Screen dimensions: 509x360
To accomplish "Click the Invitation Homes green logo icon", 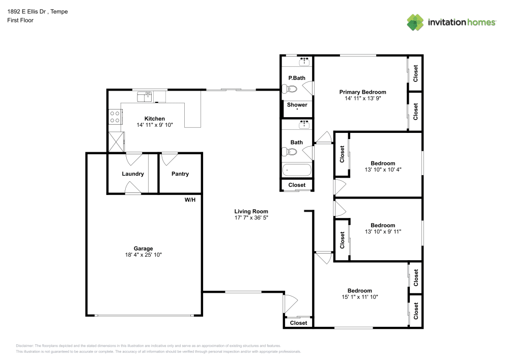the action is pos(415,22).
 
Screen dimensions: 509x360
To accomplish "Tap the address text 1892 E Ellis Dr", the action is pos(26,12).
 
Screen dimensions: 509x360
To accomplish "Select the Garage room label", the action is pos(143,248).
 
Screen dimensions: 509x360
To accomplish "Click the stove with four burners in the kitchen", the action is pos(115,117).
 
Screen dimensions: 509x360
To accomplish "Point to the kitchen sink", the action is pos(145,97).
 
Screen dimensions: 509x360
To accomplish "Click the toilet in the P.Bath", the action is pos(290,89).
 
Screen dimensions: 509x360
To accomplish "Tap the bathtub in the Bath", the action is pos(297,170).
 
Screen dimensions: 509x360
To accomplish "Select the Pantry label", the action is pos(180,174).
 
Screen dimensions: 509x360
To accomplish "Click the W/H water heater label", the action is pos(190,200).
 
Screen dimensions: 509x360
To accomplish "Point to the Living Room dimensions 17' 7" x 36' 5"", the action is pos(251,218).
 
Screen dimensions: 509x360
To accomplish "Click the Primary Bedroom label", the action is pos(362,92).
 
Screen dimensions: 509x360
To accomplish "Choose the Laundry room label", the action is pos(133,174).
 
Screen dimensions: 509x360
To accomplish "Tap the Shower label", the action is pos(297,105).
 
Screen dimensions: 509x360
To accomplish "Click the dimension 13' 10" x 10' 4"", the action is pos(383,170).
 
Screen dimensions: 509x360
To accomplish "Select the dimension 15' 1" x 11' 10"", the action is pos(360,297).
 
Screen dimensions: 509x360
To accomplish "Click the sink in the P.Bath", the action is pos(304,61).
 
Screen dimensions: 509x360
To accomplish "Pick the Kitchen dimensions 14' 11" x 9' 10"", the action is pos(155,125).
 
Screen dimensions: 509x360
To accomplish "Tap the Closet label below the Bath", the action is pos(297,185).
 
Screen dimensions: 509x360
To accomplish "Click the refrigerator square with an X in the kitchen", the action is pos(116,142).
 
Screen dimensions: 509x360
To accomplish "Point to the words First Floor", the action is pos(20,20).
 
